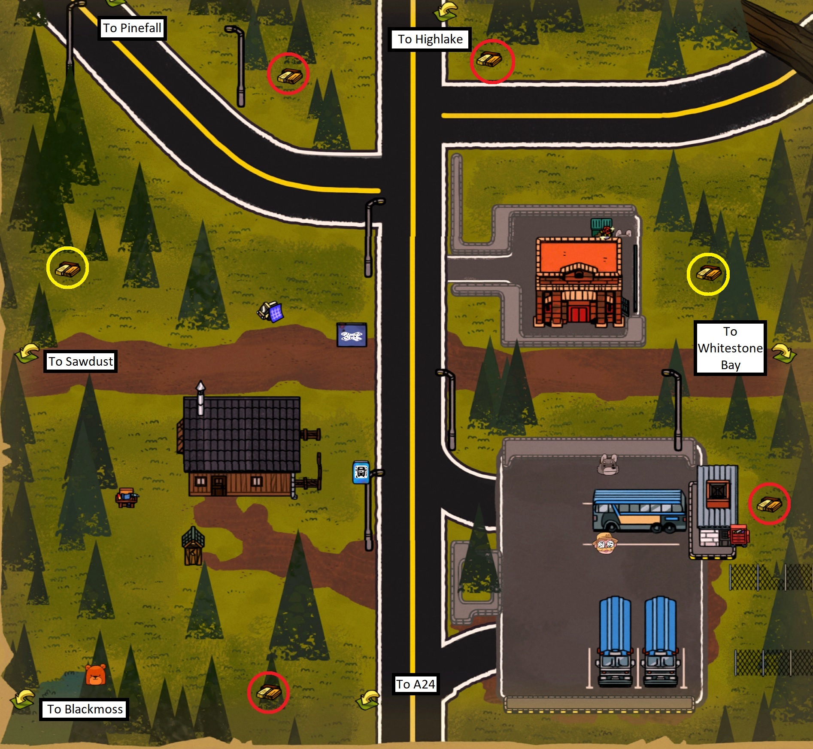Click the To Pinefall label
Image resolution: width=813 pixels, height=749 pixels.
(132, 28)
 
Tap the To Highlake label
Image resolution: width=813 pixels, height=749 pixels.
(430, 39)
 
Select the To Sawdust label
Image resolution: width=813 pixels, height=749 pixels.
(80, 361)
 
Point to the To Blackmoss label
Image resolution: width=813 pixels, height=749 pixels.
(85, 709)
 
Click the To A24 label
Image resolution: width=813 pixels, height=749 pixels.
(415, 684)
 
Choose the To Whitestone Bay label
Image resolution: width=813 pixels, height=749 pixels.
(730, 348)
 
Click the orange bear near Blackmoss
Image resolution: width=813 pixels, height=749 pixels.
(95, 675)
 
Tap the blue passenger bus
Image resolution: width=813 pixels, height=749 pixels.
(639, 510)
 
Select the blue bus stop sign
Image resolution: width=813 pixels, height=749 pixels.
(361, 472)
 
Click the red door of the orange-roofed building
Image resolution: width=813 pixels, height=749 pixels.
(578, 314)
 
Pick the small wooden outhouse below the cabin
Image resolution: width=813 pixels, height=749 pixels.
(193, 546)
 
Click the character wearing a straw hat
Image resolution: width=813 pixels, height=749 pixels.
(605, 543)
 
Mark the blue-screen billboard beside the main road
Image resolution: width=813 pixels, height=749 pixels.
(352, 335)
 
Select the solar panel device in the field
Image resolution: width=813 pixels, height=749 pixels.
(271, 311)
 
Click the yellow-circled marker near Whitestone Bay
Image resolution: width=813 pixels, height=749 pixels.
(708, 273)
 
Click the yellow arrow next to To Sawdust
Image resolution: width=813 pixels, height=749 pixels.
(27, 353)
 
